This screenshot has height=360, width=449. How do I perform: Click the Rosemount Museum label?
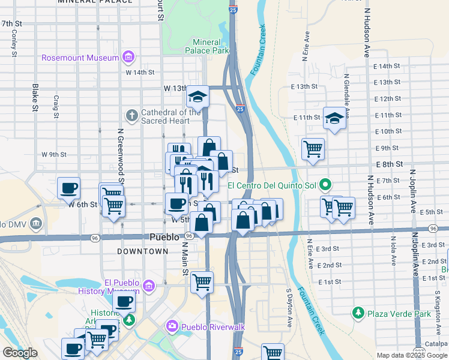click(80, 58)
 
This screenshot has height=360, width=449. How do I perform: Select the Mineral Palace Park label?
click(211, 46)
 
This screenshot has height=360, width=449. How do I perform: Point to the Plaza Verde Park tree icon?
click(358, 313)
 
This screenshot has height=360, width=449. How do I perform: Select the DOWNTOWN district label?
click(143, 251)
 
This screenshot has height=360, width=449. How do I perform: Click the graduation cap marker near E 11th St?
click(334, 118)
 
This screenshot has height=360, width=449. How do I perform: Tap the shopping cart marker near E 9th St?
click(313, 148)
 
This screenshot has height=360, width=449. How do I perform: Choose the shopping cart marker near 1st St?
click(202, 281)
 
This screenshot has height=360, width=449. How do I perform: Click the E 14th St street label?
click(386, 67)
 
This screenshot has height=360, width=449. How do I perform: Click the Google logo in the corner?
click(20, 353)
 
